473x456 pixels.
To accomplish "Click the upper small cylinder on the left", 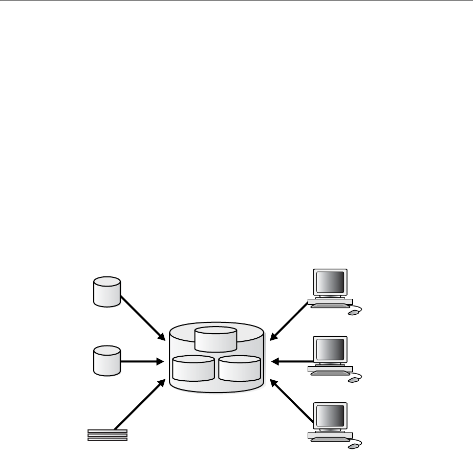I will (x=107, y=292).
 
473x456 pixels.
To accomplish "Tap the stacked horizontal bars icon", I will (x=107, y=435).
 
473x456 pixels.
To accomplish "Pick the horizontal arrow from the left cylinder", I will (x=141, y=361).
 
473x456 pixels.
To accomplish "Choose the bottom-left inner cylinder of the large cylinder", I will (x=193, y=368).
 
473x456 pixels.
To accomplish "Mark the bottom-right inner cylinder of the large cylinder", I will (x=239, y=368).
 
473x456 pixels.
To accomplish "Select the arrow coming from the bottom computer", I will (x=292, y=401).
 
